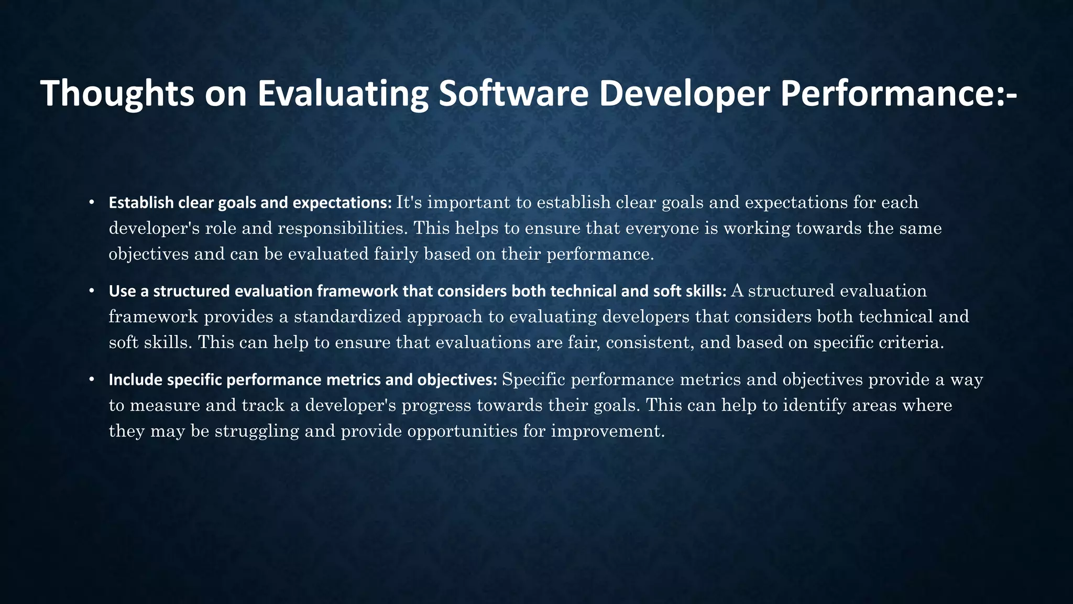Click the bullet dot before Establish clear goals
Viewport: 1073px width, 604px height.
pos(92,202)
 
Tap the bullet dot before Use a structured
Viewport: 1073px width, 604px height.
pos(92,291)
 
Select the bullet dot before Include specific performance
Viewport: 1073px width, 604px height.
pos(92,379)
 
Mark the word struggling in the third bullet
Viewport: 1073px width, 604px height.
pos(249,432)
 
